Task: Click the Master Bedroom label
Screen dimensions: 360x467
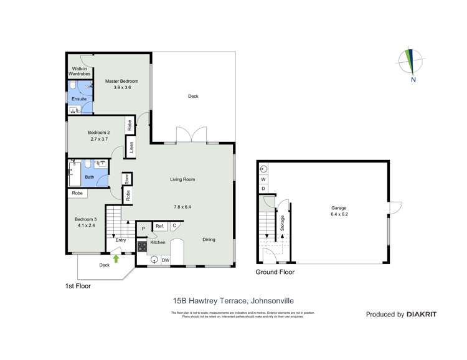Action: (121, 81)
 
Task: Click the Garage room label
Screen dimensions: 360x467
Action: (339, 208)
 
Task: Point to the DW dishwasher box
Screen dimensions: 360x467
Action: (166, 260)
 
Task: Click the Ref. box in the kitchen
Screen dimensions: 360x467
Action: (159, 226)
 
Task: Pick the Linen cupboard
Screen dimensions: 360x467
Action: (131, 148)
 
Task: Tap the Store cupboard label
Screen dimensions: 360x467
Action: (126, 179)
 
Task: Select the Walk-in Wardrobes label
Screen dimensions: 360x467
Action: (80, 71)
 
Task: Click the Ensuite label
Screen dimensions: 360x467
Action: (79, 99)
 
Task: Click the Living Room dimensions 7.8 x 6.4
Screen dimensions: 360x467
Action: (183, 207)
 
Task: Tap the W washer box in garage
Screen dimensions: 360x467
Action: (263, 179)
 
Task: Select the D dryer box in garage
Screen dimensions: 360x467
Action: (263, 188)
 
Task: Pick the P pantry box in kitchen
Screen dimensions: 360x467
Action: (143, 229)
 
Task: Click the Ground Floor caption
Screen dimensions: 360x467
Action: (275, 272)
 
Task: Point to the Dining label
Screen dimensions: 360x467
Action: (209, 239)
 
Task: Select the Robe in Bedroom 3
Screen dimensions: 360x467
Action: (77, 194)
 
